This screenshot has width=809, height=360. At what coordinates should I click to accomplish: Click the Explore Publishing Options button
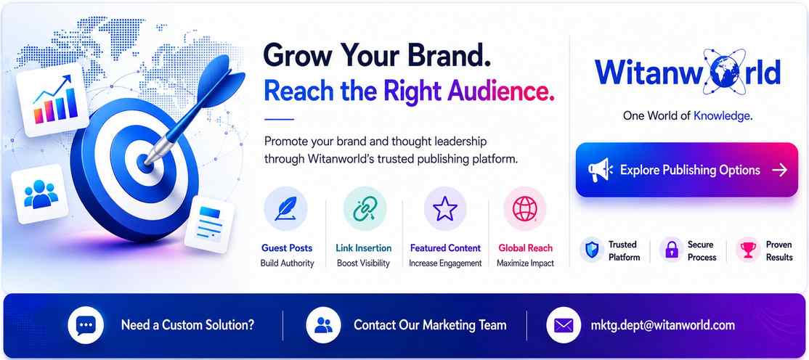click(687, 170)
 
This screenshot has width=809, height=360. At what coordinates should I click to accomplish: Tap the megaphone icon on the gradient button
click(600, 170)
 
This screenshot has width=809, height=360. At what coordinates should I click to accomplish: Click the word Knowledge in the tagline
click(721, 116)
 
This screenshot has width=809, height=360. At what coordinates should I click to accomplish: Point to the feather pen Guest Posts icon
click(285, 209)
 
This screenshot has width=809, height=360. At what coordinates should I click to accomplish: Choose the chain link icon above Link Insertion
click(365, 209)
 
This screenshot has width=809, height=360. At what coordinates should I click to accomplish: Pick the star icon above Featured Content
click(444, 209)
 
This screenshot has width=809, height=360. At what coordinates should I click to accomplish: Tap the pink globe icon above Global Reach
click(525, 209)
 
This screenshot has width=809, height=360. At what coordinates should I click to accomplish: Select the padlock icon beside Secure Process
click(671, 250)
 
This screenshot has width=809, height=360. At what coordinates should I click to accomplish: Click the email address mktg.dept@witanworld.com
click(662, 325)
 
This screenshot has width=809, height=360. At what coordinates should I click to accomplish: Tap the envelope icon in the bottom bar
click(564, 325)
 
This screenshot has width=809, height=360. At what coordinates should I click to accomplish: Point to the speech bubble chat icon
click(86, 325)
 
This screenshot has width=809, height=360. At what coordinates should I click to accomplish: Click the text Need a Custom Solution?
click(188, 325)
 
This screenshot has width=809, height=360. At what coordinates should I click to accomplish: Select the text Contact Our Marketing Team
click(430, 325)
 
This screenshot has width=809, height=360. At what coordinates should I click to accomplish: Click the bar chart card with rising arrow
click(53, 101)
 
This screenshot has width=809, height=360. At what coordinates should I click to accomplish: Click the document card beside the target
click(209, 224)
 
